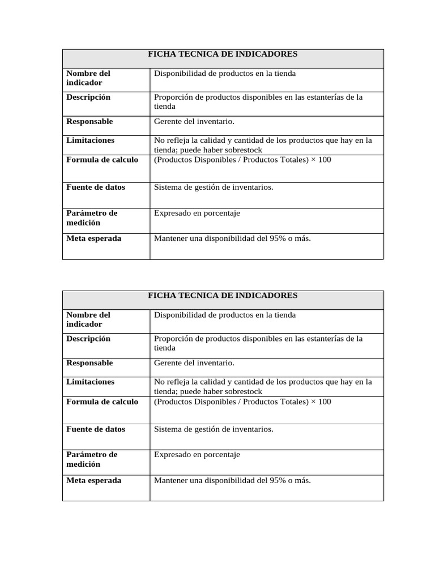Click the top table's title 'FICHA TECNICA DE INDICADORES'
[223, 54]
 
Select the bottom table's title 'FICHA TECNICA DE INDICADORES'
[223, 296]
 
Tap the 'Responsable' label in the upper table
[89, 122]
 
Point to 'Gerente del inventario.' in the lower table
[194, 363]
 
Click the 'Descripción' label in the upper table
[88, 97]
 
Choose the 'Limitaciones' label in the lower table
[90, 382]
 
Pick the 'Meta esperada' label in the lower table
[93, 480]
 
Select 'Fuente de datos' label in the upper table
[96, 187]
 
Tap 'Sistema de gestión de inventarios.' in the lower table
[214, 429]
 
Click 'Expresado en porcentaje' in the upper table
[197, 214]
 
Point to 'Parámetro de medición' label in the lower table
[92, 459]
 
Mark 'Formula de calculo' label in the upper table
[102, 160]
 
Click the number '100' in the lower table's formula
[325, 402]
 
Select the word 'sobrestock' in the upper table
[245, 150]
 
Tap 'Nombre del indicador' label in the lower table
[88, 319]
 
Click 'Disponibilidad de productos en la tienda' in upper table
[225, 74]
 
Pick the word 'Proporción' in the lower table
[173, 339]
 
